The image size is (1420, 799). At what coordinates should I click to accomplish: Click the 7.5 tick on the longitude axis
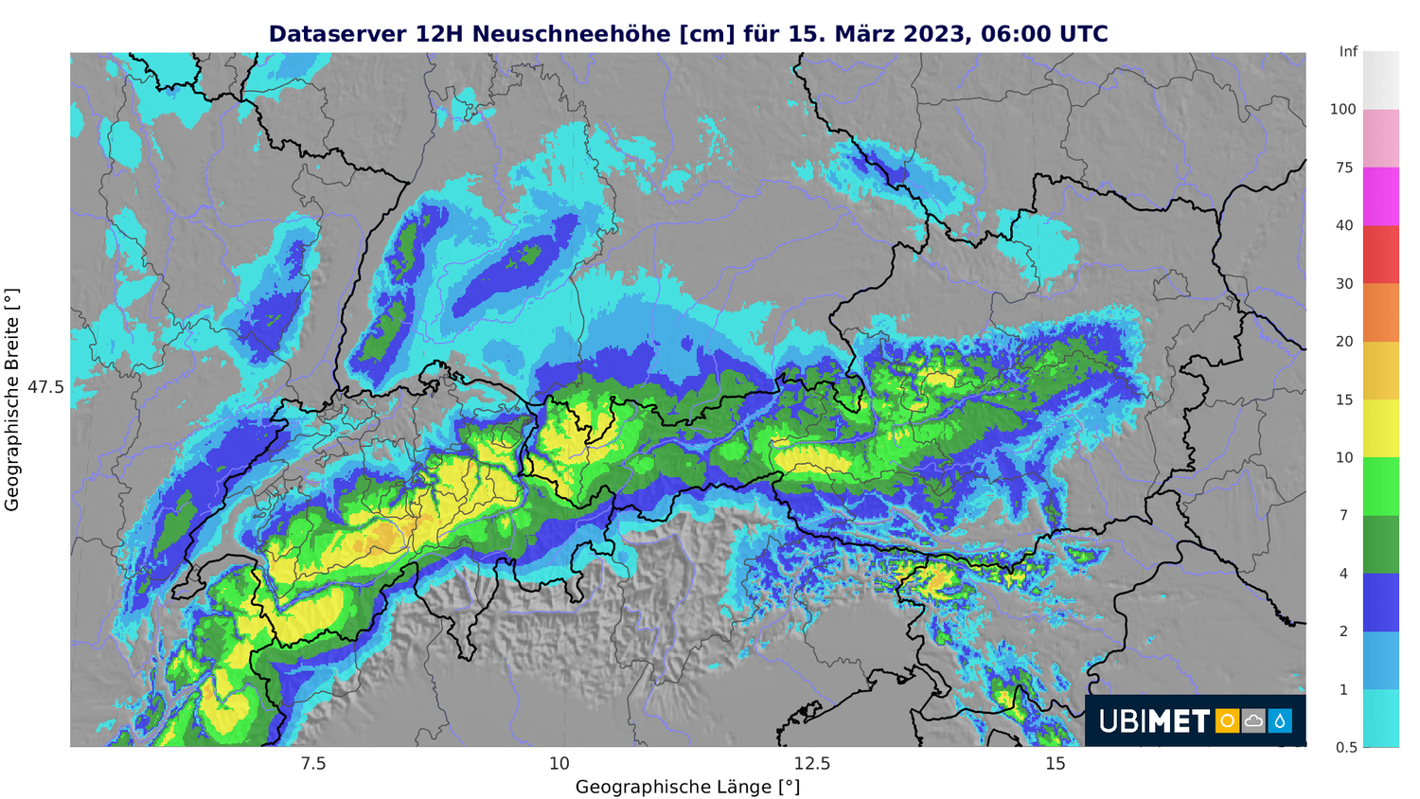pos(312,764)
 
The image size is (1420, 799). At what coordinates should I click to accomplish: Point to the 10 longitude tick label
pos(559,764)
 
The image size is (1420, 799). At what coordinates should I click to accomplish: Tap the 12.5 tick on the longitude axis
pos(811,764)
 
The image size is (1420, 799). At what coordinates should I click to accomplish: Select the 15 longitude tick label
pos(1056,764)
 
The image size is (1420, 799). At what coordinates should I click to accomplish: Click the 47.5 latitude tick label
pos(45,387)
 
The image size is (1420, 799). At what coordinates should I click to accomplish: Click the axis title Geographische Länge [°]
pos(687,787)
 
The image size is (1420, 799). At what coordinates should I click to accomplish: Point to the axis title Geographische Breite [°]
pos(12,400)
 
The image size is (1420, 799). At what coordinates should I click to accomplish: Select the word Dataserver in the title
pos(338,34)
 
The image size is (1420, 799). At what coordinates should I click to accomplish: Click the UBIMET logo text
pos(1154,721)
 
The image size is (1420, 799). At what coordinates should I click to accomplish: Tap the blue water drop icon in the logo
pos(1280,721)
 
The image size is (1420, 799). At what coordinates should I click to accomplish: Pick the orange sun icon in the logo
pos(1227,721)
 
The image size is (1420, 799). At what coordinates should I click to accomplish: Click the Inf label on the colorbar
pos(1348,52)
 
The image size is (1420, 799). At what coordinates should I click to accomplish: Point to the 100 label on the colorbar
pos(1343,110)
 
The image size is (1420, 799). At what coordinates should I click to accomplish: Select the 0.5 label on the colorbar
pos(1346,748)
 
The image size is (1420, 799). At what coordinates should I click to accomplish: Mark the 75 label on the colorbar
pos(1345,169)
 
